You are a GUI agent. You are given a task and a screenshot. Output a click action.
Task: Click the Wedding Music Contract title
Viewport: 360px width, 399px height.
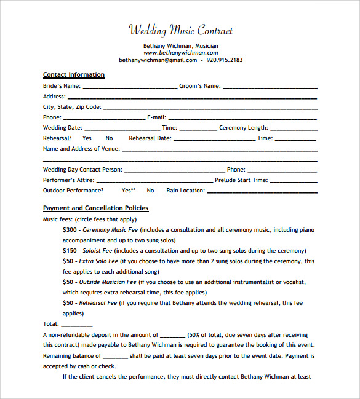pyautogui.click(x=181, y=30)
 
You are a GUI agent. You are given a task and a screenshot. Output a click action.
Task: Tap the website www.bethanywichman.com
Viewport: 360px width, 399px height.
pyautogui.click(x=181, y=53)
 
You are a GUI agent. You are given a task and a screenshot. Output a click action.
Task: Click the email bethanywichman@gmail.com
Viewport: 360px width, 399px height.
pyautogui.click(x=158, y=60)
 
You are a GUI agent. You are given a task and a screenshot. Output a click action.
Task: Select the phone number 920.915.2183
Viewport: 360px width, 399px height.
pyautogui.click(x=225, y=60)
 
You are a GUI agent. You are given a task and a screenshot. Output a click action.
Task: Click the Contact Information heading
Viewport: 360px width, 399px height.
pyautogui.click(x=74, y=75)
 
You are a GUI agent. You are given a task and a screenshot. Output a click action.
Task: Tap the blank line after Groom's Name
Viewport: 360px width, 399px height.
pyautogui.click(x=270, y=87)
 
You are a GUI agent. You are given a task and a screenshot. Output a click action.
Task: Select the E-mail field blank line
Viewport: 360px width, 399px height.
pyautogui.click(x=242, y=118)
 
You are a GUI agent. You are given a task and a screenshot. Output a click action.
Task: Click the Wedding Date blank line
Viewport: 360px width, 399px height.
pyautogui.click(x=122, y=128)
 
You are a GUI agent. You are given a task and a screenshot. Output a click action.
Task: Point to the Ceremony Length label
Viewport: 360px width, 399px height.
pyautogui.click(x=244, y=128)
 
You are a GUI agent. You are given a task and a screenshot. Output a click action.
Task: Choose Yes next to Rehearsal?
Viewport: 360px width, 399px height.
pyautogui.click(x=87, y=138)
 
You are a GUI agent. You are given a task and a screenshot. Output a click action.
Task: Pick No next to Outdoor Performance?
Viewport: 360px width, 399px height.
pyautogui.click(x=151, y=191)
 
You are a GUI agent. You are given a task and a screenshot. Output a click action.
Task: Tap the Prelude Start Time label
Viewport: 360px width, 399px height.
pyautogui.click(x=241, y=180)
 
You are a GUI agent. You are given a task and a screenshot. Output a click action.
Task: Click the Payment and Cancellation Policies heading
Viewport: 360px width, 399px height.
pyautogui.click(x=95, y=208)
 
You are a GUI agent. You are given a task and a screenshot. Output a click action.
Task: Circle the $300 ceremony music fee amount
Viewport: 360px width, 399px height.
pyautogui.click(x=70, y=229)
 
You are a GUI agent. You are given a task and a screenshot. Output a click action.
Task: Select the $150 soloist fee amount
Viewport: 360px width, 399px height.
pyautogui.click(x=70, y=251)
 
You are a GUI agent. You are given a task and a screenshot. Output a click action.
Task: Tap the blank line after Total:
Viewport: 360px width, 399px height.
pyautogui.click(x=77, y=325)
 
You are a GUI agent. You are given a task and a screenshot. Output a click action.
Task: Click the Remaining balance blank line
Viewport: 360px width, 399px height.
pyautogui.click(x=115, y=357)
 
